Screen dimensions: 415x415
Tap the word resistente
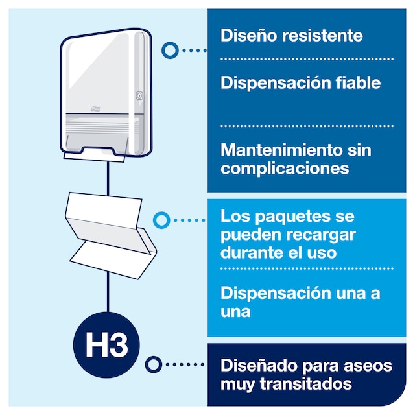[322, 36]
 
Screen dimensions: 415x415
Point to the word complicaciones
[285, 169]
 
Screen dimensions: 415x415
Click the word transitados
[305, 384]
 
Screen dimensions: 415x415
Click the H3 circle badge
[106, 345]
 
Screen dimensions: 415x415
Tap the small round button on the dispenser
[139, 95]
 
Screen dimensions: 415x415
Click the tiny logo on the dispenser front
[95, 109]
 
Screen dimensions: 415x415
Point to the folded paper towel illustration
[111, 235]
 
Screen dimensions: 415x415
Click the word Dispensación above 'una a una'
[276, 293]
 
